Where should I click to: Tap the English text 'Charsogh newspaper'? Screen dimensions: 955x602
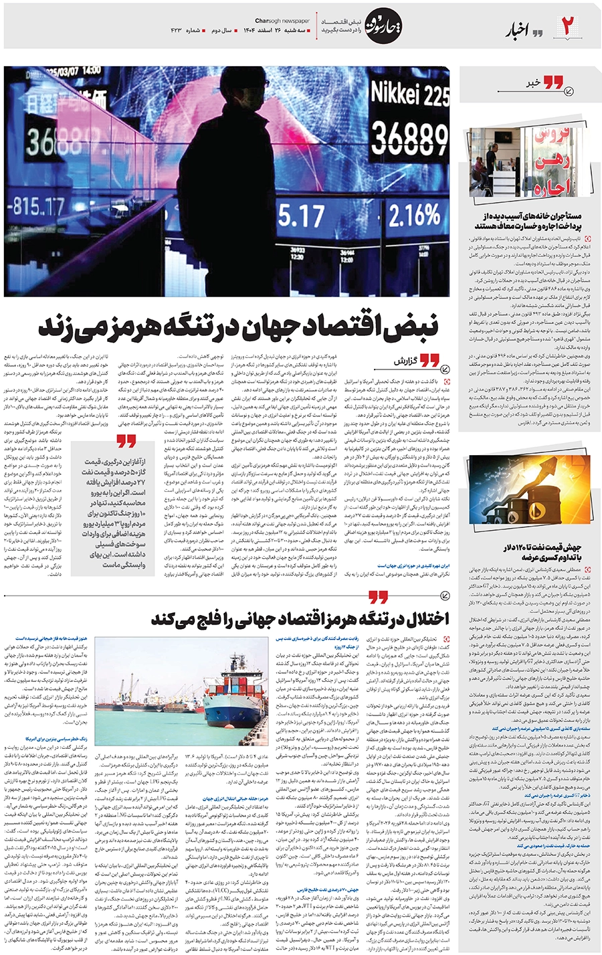tap(283, 20)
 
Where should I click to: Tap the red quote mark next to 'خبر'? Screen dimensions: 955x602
tap(553, 83)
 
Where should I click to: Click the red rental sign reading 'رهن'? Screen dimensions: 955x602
tap(552, 159)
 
